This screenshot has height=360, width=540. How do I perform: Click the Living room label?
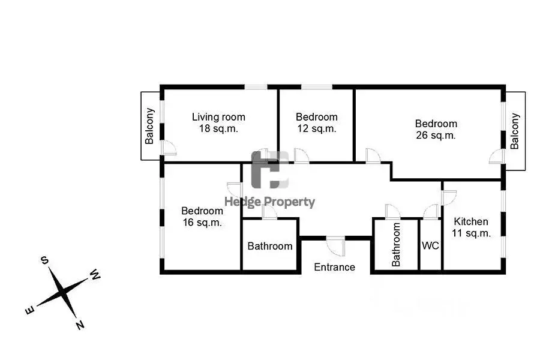pos(218,122)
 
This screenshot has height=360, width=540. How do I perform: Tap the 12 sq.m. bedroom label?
pos(316,122)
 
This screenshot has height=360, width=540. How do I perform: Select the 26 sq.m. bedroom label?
pos(436,129)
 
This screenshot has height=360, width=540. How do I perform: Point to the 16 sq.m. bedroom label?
pos(202,217)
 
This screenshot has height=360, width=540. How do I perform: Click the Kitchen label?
pos(471,227)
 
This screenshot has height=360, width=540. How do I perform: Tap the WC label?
pos(430,245)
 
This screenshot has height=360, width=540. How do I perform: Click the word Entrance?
pos(334,267)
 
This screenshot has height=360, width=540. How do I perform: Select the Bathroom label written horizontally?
pos(269,246)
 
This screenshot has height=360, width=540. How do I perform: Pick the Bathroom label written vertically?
pos(396,244)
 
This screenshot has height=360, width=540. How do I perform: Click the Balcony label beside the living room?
pos(149,126)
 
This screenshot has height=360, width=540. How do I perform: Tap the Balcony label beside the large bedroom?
pos(515,131)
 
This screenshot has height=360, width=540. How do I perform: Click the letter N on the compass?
pos(80,325)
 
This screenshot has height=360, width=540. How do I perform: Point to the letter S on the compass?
pos(45,260)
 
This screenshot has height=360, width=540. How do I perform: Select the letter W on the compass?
pos(95,275)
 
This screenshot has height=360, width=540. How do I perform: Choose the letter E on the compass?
pos(30,310)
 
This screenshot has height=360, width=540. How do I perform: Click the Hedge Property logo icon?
pos(270,170)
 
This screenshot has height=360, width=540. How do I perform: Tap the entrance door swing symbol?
pos(336,246)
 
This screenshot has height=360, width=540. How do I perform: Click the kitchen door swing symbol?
pos(449,198)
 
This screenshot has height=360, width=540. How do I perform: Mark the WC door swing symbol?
pos(430,211)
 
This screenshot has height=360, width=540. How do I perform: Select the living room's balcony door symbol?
pos(169,148)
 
